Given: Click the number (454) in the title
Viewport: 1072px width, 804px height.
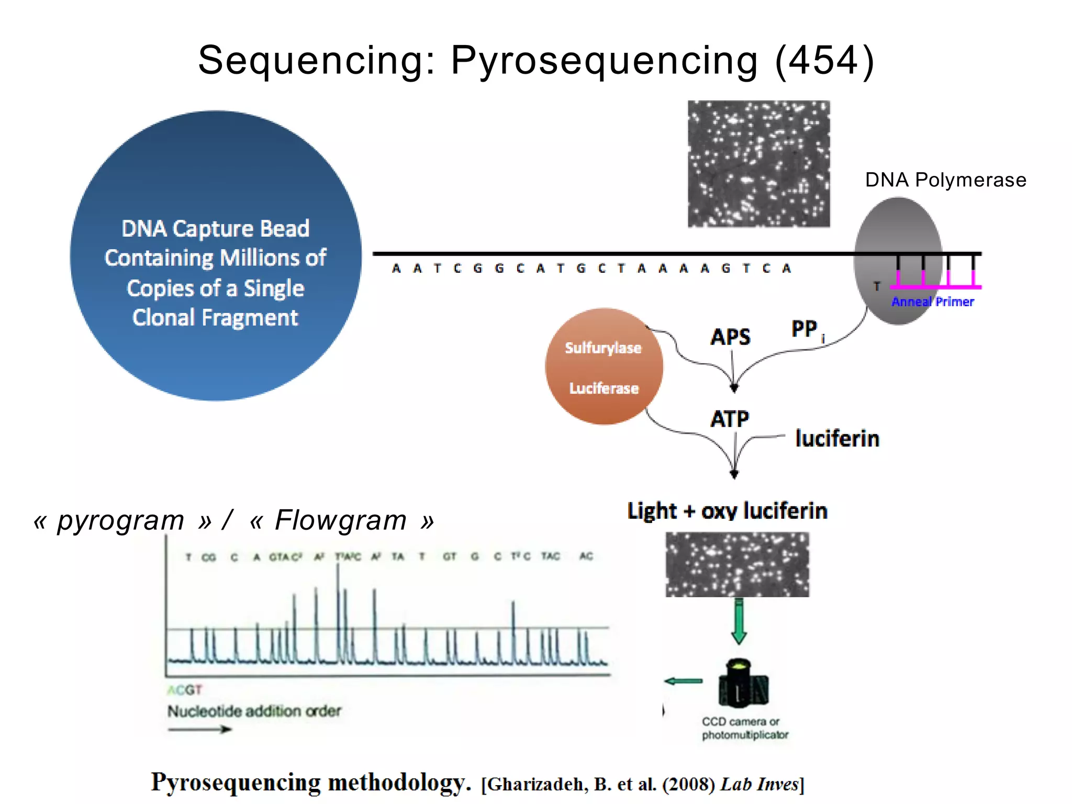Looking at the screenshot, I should [x=824, y=60].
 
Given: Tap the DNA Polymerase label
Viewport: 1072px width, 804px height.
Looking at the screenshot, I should [x=945, y=180].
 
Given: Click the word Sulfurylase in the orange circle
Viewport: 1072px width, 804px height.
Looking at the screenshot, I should [x=603, y=348].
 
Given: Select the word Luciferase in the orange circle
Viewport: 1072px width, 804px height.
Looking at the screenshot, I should [x=604, y=388].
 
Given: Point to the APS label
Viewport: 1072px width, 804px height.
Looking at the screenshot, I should [x=730, y=337].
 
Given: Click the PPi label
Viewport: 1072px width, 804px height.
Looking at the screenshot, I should [x=807, y=330].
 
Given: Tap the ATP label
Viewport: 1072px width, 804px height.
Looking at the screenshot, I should [x=730, y=419].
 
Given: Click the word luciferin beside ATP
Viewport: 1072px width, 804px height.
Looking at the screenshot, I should [x=837, y=439].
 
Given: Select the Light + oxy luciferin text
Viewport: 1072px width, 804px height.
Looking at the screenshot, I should [x=727, y=511].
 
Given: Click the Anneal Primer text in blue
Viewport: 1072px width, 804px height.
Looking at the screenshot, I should [x=932, y=302].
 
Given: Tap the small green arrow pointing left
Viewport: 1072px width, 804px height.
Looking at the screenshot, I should [x=683, y=681].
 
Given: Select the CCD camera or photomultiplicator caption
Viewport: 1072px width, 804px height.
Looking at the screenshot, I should [x=744, y=728].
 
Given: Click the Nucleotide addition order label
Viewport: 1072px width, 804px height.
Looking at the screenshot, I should [x=254, y=711].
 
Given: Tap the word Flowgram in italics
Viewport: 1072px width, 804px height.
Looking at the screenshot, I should [x=341, y=520].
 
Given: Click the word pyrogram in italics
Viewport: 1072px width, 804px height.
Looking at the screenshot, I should [x=121, y=520].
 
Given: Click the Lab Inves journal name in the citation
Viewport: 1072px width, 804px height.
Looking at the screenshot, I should [x=760, y=784].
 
